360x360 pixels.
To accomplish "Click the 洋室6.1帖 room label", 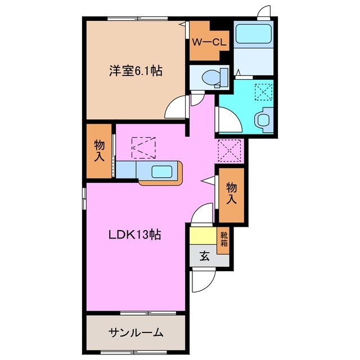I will coord(136,71).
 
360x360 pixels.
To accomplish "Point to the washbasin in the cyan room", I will coord(263,119).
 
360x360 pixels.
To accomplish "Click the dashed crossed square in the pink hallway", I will coord(229,150).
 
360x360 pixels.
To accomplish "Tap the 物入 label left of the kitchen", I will coord(99,150).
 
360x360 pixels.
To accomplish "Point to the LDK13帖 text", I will coord(134,235).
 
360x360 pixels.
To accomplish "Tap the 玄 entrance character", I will coord(204,256).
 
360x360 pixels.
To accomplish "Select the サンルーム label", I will coord(136,332).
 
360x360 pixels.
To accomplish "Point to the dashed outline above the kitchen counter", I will coord(145,147).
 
